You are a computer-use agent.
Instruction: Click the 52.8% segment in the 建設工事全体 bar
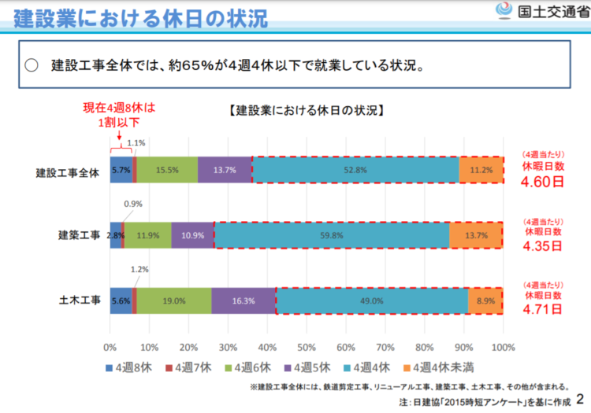coord(355,169)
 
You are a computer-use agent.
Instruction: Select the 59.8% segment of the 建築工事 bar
coord(330,234)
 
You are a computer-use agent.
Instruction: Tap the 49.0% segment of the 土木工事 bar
coord(371,300)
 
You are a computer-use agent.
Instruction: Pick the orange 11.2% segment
coord(481,169)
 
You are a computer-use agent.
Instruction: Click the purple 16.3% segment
coord(243,300)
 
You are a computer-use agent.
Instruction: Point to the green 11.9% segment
coord(148,234)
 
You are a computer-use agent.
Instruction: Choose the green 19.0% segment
coord(173,300)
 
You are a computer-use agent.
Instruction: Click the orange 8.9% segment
coord(485,300)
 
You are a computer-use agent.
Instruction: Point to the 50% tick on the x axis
coord(307,346)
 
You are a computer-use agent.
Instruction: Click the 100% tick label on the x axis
coord(503,346)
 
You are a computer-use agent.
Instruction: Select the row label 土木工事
coord(80,300)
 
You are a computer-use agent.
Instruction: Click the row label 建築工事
coord(80,234)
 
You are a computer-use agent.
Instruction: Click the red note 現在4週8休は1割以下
coord(119,115)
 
